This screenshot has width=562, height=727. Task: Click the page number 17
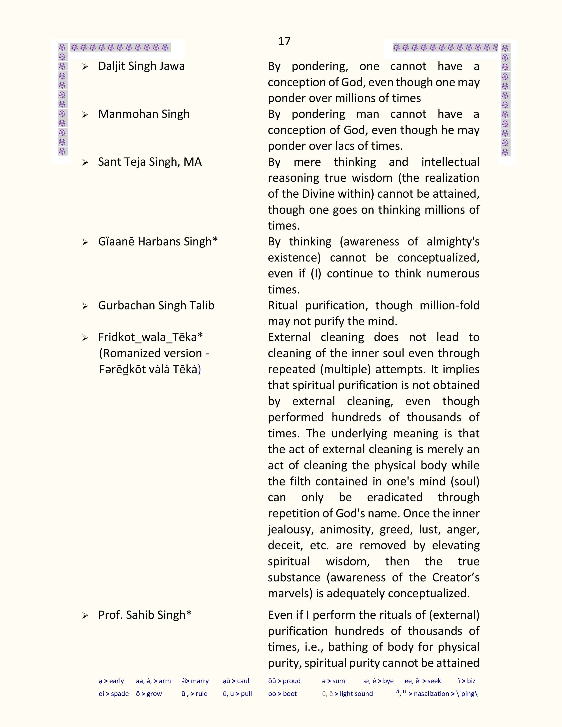[284, 41]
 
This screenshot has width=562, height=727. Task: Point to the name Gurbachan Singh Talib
[156, 305]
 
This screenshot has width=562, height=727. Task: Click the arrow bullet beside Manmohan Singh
[85, 115]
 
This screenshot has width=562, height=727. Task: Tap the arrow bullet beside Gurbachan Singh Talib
[85, 306]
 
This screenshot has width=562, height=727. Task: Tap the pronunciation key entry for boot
[282, 694]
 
